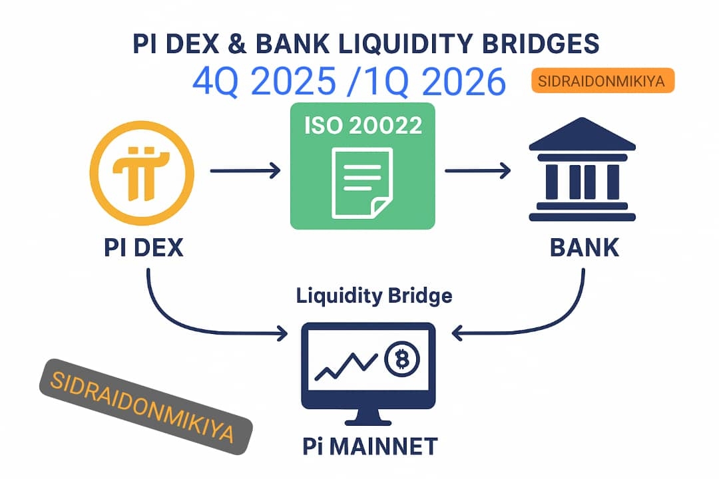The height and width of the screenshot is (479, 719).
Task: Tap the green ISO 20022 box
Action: click(363, 166)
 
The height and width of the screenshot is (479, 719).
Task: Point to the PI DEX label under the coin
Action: click(144, 248)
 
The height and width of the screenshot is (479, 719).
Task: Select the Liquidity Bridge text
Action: click(374, 295)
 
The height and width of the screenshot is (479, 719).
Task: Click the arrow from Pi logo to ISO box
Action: click(245, 172)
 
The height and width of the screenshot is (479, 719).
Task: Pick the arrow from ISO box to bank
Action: click(477, 172)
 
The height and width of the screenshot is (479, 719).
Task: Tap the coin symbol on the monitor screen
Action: click(401, 360)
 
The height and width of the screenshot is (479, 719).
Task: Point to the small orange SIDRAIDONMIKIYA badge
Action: click(603, 81)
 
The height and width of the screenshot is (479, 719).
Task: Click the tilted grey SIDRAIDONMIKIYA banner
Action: click(145, 407)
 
